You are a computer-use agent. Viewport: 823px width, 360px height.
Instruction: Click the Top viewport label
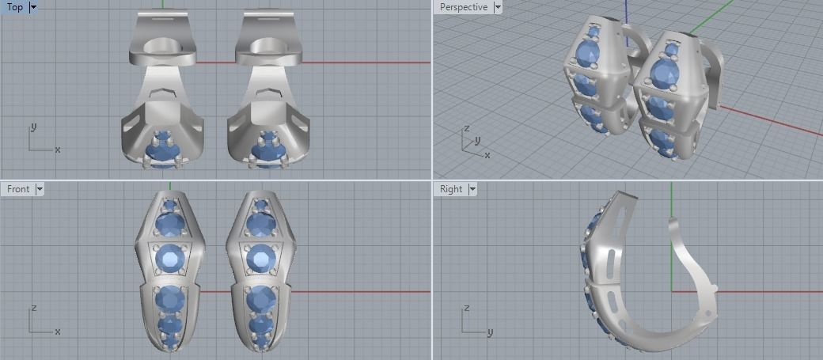pos(14,7)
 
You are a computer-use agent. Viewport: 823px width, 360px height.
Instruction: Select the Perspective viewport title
pos(463,7)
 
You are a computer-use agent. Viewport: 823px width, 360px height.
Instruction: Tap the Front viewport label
pos(17,189)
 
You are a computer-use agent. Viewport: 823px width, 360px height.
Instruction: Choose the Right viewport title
pos(450,189)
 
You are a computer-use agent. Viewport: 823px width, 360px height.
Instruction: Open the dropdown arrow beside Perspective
pos(498,7)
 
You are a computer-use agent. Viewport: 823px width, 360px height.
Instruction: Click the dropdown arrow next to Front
pos(40,189)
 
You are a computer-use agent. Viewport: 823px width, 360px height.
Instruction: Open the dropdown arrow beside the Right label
pos(472,189)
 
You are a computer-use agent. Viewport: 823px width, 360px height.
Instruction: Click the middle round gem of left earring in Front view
pos(170,258)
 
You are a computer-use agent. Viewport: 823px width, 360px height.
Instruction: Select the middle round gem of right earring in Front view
pos(260,258)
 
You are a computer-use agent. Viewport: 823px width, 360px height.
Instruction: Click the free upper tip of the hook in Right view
pos(672,221)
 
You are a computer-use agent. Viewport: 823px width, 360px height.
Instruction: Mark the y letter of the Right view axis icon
pos(490,332)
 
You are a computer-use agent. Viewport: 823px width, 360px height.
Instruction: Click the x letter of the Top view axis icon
pos(58,150)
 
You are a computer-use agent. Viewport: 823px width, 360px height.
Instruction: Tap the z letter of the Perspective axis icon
pos(467,128)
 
